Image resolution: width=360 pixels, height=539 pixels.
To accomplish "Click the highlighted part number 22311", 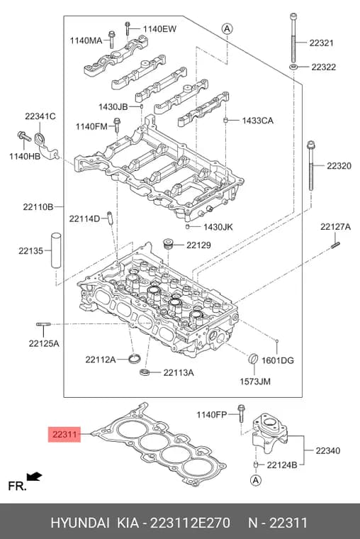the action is click(64, 435).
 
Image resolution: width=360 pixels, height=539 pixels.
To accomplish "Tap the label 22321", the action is click(321, 43).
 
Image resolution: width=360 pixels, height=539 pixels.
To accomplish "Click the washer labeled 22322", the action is click(293, 67).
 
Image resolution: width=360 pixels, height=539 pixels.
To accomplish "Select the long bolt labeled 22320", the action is click(311, 165).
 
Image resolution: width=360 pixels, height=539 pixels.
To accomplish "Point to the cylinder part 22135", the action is click(56, 250).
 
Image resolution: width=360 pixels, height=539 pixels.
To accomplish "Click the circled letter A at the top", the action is click(227, 28).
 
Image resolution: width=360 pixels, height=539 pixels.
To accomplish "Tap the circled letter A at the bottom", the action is click(256, 479).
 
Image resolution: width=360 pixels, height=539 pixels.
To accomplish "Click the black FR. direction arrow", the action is click(34, 476).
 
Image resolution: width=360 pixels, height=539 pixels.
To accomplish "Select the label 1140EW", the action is click(159, 29).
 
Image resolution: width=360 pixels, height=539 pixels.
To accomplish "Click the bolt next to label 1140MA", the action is click(111, 40).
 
